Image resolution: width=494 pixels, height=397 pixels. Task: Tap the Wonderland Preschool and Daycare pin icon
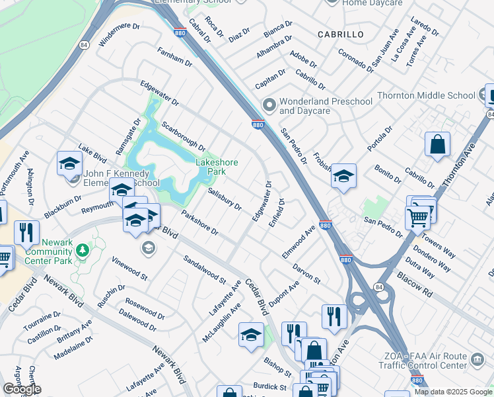tap(269, 105)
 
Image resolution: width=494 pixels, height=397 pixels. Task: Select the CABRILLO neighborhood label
tap(340, 34)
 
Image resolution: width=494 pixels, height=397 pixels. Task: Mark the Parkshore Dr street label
tap(199, 222)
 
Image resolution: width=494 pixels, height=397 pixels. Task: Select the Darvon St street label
tap(306, 275)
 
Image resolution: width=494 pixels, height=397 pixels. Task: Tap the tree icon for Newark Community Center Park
tap(83, 251)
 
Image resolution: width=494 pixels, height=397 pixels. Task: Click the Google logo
tap(22, 389)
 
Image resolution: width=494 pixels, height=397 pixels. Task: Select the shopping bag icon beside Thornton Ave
tap(437, 144)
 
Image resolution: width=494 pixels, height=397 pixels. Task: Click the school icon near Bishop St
tap(251, 335)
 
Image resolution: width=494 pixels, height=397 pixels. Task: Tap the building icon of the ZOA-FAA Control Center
tap(477, 361)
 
